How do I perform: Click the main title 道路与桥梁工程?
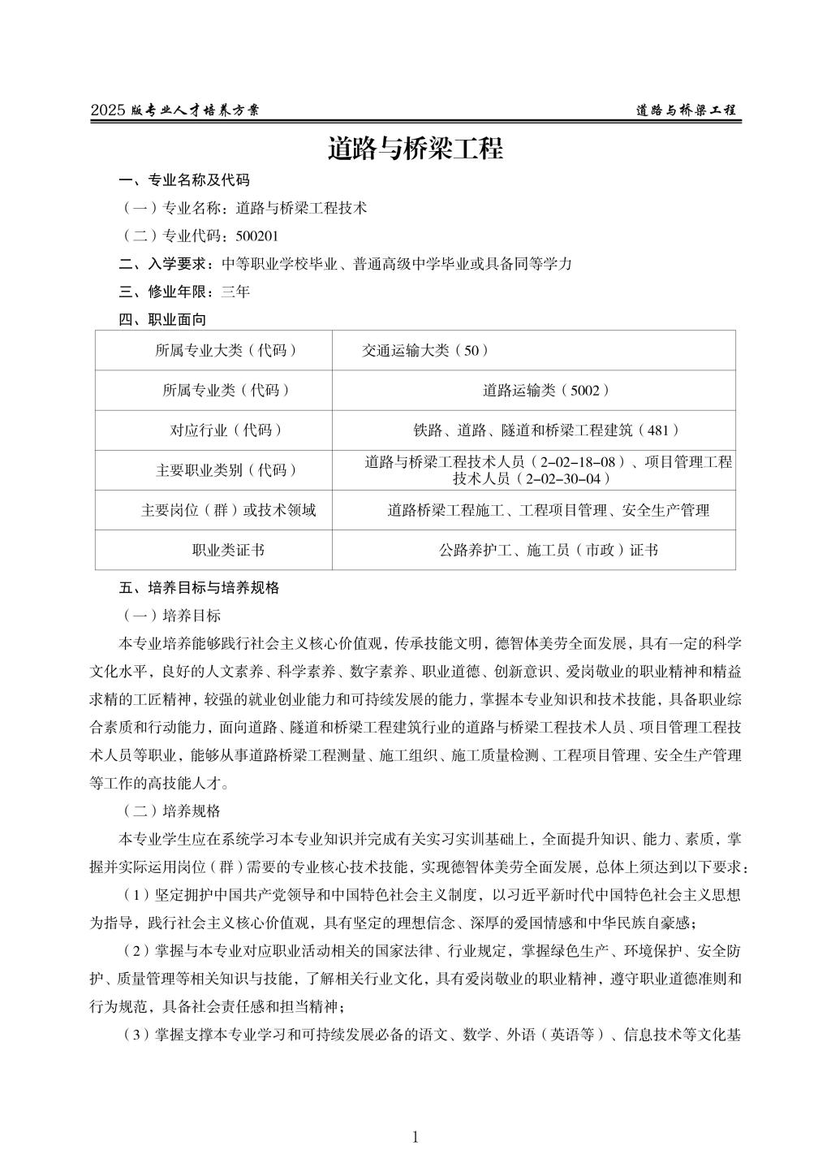(x=415, y=149)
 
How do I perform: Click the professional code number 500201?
(x=256, y=236)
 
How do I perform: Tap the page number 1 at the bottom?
(x=415, y=1137)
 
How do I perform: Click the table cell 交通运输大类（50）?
(x=425, y=351)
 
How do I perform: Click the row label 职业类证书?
(x=228, y=551)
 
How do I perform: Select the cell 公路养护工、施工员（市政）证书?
(x=549, y=551)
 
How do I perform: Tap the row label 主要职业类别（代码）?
(x=226, y=470)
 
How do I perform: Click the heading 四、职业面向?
(x=162, y=320)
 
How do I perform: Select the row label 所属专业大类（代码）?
(x=226, y=351)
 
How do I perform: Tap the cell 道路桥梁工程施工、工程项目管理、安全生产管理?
(x=549, y=511)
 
